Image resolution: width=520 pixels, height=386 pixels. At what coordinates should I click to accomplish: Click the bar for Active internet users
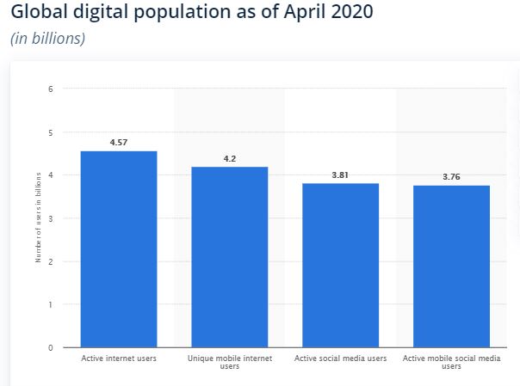(119, 249)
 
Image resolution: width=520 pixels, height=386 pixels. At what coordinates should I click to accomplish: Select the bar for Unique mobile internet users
(230, 257)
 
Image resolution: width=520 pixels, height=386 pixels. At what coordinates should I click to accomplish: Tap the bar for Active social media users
(341, 266)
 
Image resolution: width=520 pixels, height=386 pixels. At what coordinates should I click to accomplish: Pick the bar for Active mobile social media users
(452, 267)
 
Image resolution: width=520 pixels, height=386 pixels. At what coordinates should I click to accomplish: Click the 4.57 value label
(119, 142)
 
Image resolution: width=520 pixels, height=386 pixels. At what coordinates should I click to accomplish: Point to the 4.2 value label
(230, 158)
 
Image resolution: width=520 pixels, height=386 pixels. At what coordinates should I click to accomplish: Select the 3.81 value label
(341, 175)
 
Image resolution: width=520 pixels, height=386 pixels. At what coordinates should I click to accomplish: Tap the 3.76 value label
(452, 177)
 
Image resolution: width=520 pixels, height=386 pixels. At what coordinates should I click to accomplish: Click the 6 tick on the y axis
(52, 89)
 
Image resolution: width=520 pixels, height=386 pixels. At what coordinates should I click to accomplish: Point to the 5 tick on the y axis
(52, 132)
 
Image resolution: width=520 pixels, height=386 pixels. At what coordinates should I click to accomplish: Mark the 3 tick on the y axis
(52, 218)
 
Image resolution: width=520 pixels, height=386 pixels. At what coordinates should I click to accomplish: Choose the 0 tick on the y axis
(52, 347)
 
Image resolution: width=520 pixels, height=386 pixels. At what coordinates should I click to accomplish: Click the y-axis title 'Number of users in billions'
(39, 218)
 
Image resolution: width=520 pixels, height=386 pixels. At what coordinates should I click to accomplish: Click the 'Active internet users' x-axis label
(119, 358)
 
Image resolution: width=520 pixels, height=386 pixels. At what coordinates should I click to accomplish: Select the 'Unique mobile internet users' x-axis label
(230, 362)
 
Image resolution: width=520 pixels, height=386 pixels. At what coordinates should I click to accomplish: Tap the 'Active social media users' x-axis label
(341, 358)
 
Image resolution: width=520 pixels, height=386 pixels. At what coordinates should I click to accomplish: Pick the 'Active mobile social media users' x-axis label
(452, 362)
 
